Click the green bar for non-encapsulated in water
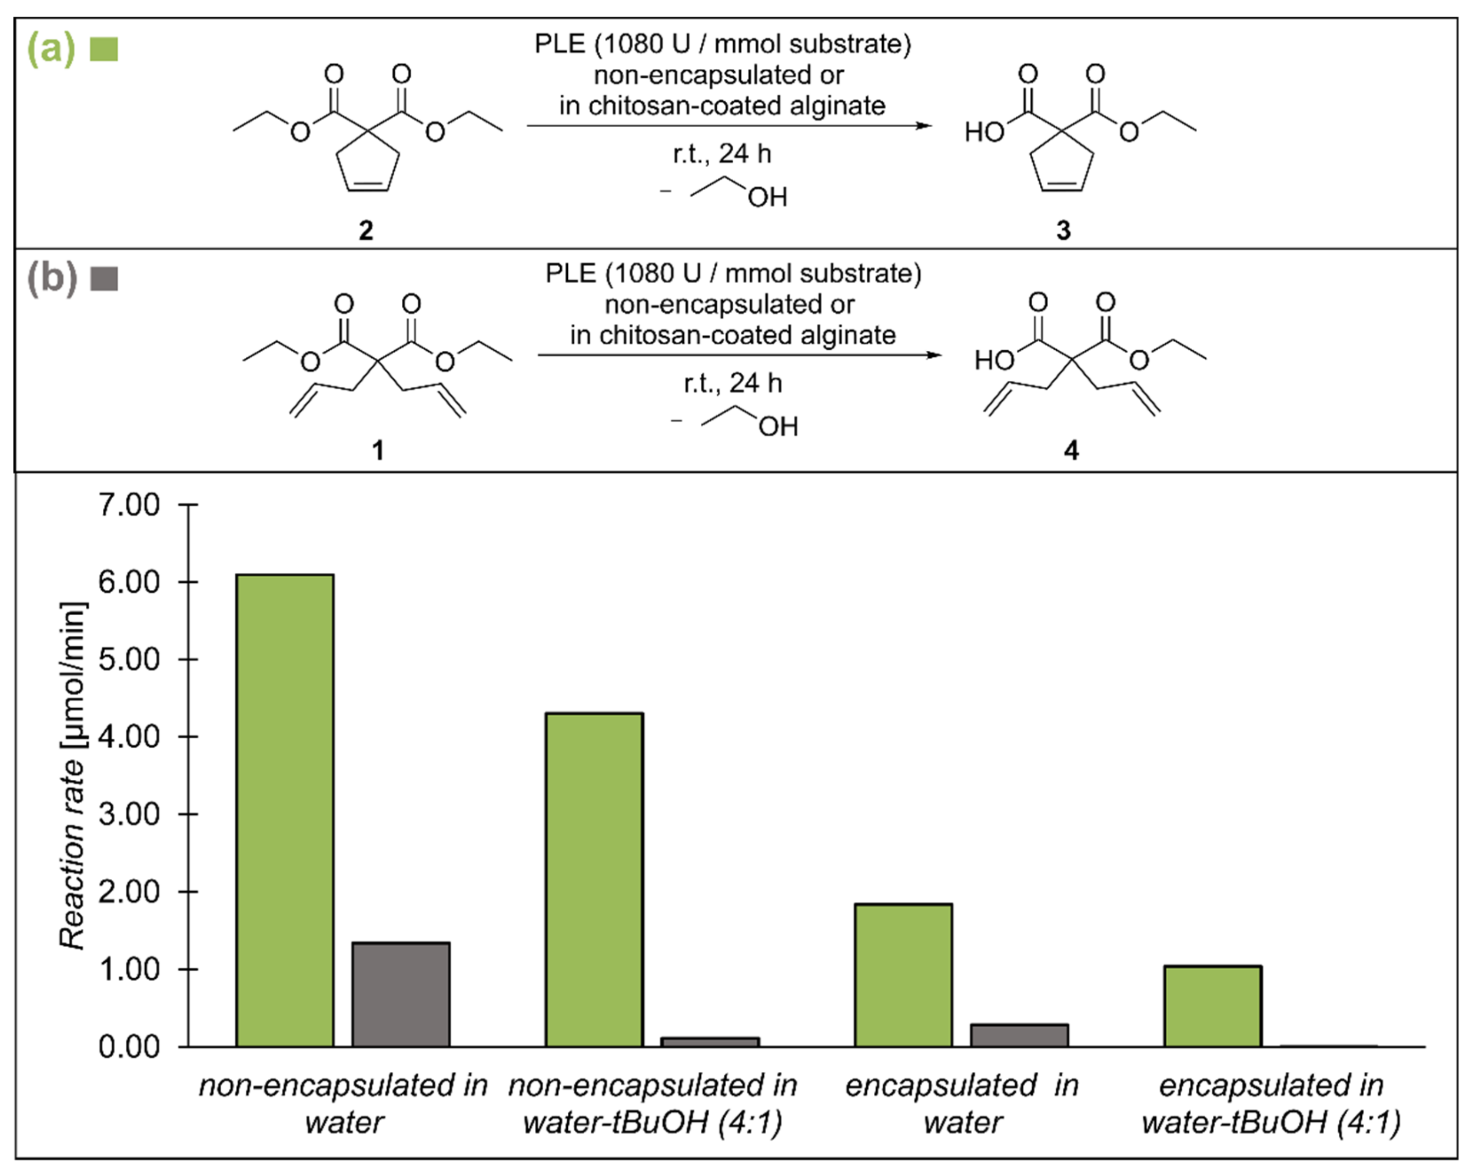point(285,810)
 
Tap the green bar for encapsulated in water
point(903,975)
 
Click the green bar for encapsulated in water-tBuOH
point(1212,1006)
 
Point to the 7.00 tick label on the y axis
point(129,505)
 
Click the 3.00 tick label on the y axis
point(129,815)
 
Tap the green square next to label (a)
point(104,49)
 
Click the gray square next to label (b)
point(104,279)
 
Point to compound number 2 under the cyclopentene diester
point(366,231)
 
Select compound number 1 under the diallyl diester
point(377,450)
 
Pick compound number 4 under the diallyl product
point(1071,450)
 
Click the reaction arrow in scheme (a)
point(729,126)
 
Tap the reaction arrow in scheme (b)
point(739,355)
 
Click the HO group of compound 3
point(984,132)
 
